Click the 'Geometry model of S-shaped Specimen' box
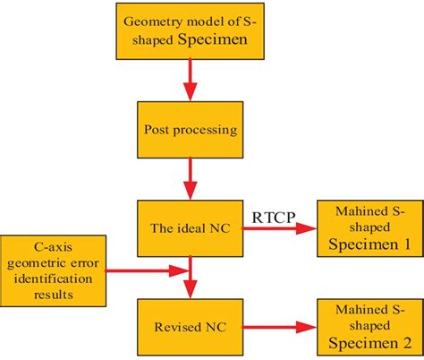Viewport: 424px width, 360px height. [x=190, y=30]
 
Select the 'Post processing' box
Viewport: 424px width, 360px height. [x=190, y=130]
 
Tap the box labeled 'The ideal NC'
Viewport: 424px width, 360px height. [x=190, y=228]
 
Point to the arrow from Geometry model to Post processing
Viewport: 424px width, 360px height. [x=190, y=81]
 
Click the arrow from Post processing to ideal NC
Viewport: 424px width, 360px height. [x=190, y=178]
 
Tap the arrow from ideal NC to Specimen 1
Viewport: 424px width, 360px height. [x=272, y=229]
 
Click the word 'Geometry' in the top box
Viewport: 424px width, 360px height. [x=154, y=21]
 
